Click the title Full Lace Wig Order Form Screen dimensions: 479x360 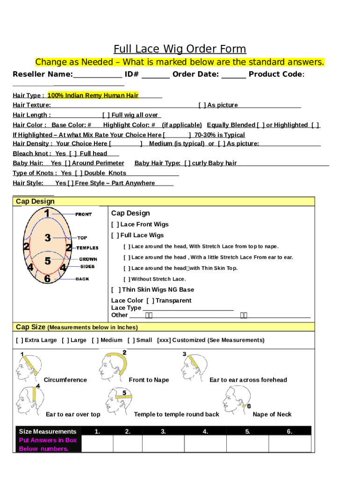(180, 49)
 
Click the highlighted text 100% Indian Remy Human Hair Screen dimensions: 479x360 (93, 95)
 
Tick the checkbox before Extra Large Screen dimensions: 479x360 (19, 340)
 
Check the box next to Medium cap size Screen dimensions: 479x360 (95, 340)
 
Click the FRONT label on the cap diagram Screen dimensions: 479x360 (84, 214)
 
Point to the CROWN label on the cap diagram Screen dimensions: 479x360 (88, 259)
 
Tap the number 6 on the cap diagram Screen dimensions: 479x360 (47, 279)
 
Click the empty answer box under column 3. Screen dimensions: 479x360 (163, 444)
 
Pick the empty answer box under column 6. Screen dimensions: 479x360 (289, 444)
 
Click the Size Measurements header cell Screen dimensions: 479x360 (48, 431)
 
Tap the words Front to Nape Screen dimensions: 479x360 (149, 380)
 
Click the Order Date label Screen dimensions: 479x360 (195, 74)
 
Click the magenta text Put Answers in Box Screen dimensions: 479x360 (48, 440)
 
